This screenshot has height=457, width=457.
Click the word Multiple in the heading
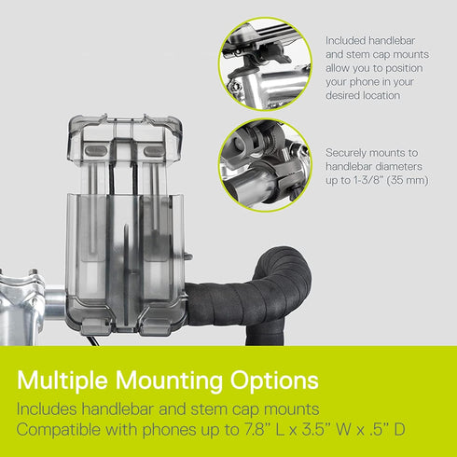pyautogui.click(x=62, y=381)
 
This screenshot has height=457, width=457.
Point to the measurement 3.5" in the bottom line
pyautogui.click(x=314, y=429)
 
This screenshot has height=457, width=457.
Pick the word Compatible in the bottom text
pyautogui.click(x=59, y=430)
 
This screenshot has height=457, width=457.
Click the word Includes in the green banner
pyautogui.click(x=47, y=409)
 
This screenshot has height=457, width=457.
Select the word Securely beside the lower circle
pyautogui.click(x=346, y=153)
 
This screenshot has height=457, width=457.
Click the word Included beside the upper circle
pyautogui.click(x=345, y=40)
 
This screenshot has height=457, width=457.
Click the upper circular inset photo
pyautogui.click(x=265, y=64)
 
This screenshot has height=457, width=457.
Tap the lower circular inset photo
pyautogui.click(x=265, y=165)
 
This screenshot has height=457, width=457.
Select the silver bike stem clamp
pyautogui.click(x=21, y=306)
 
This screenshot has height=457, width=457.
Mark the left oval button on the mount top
pyautogui.click(x=96, y=150)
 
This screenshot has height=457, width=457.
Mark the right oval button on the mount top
pyautogui.click(x=154, y=151)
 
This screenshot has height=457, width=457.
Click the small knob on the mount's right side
pyautogui.click(x=187, y=256)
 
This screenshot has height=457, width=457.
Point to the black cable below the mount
pyautogui.click(x=93, y=340)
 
